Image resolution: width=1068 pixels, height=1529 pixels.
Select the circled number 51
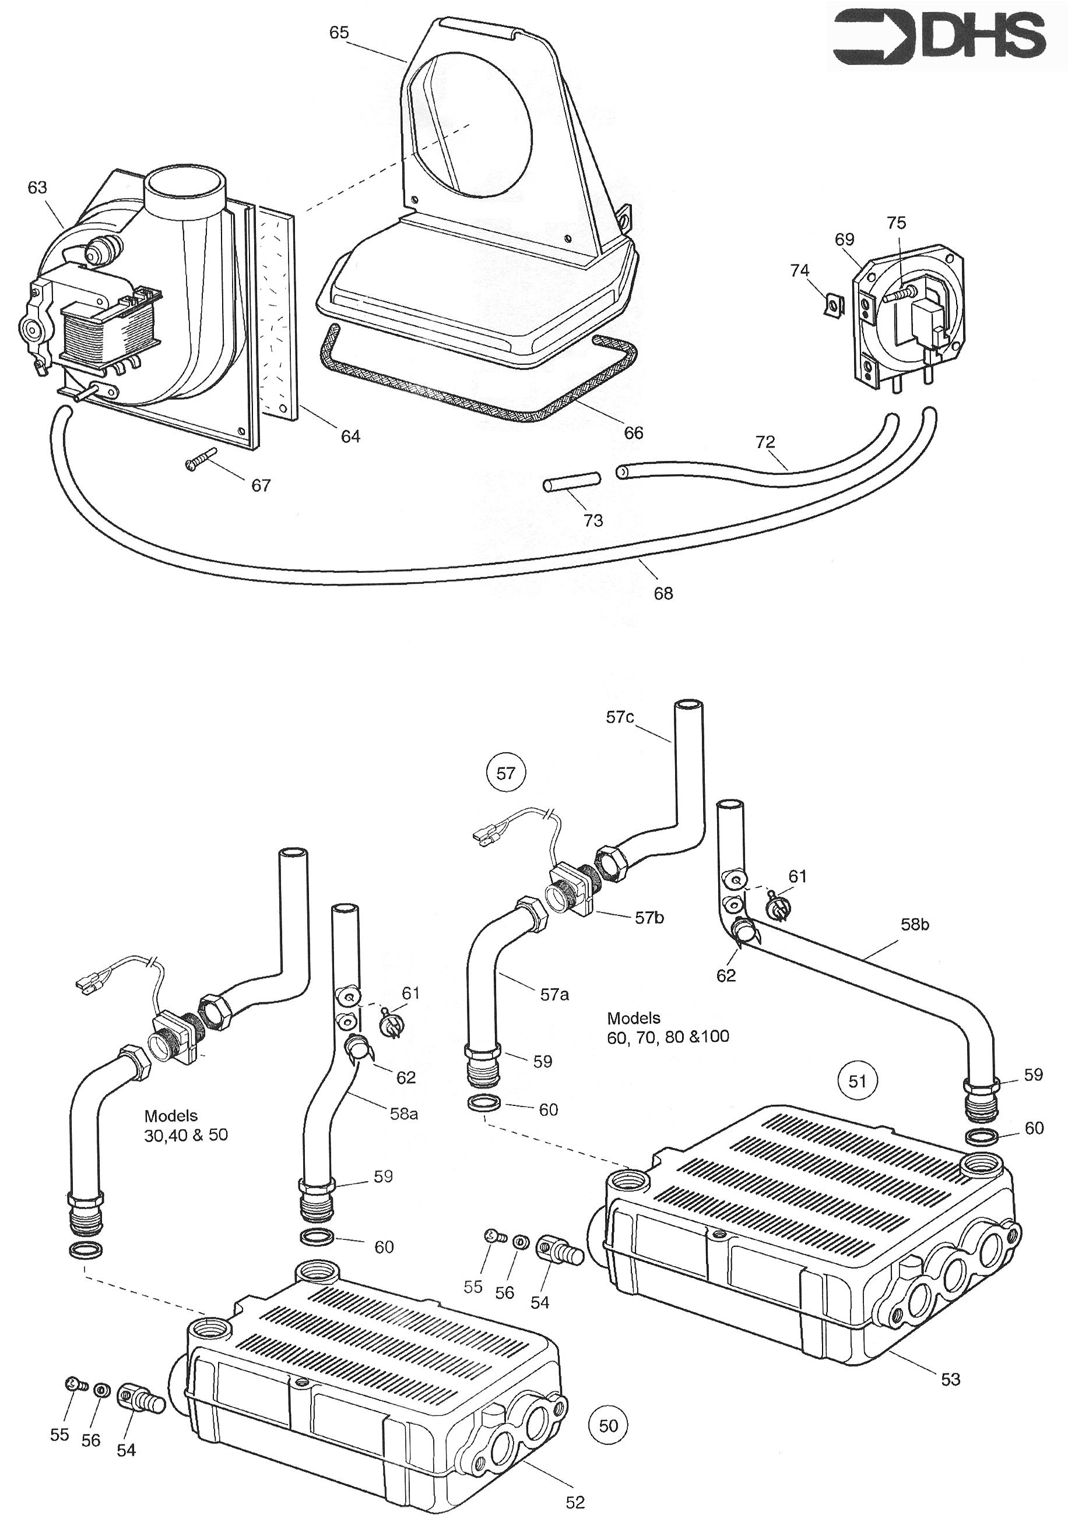[x=858, y=1080]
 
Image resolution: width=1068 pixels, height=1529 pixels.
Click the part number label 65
[x=339, y=33]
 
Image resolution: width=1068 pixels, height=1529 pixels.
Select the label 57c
[x=620, y=717]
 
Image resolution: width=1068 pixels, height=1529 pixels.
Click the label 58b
[x=915, y=924]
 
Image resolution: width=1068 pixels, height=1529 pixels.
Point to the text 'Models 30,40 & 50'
[x=186, y=1125]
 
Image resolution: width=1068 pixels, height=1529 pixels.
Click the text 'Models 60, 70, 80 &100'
[x=667, y=1027]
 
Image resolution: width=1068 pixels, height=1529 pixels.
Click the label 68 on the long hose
[x=663, y=593]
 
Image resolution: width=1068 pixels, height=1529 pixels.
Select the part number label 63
[x=37, y=188]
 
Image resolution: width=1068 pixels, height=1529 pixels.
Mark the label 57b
[x=649, y=918]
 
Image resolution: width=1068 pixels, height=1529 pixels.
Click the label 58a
[x=404, y=1113]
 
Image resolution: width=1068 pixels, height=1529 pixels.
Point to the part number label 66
[x=633, y=433]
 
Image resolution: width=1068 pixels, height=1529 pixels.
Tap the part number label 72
[x=765, y=442]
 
